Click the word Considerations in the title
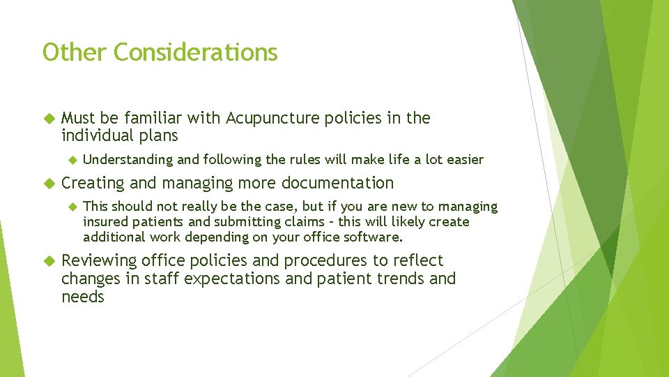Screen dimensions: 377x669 click(196, 52)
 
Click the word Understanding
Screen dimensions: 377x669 click(128, 159)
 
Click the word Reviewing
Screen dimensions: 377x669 click(99, 261)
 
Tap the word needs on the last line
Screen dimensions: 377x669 click(82, 297)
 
